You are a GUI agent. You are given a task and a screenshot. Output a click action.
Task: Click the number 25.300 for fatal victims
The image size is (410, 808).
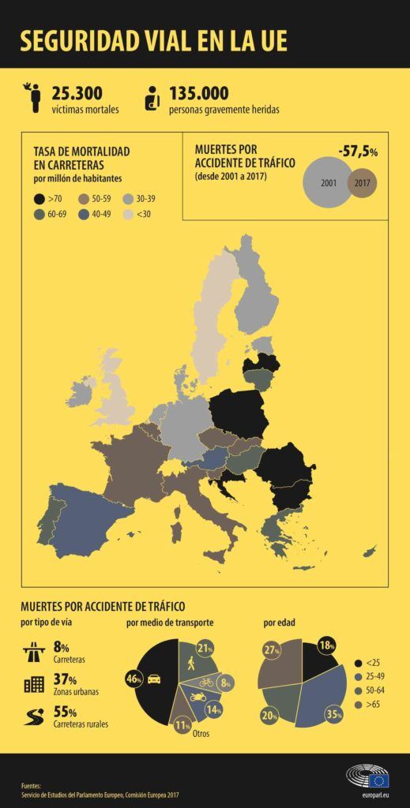click(77, 93)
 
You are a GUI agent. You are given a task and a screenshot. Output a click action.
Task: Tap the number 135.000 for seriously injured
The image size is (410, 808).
click(199, 93)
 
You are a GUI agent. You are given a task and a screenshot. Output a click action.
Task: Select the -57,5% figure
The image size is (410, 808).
click(358, 151)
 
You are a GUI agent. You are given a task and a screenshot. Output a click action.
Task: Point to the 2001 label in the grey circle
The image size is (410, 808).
click(329, 183)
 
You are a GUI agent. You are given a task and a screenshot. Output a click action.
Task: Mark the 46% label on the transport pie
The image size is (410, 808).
click(134, 678)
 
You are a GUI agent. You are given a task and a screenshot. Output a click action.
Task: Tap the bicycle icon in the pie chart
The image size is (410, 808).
click(206, 681)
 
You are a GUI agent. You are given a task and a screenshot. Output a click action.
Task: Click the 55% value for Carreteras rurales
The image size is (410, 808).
click(65, 711)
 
